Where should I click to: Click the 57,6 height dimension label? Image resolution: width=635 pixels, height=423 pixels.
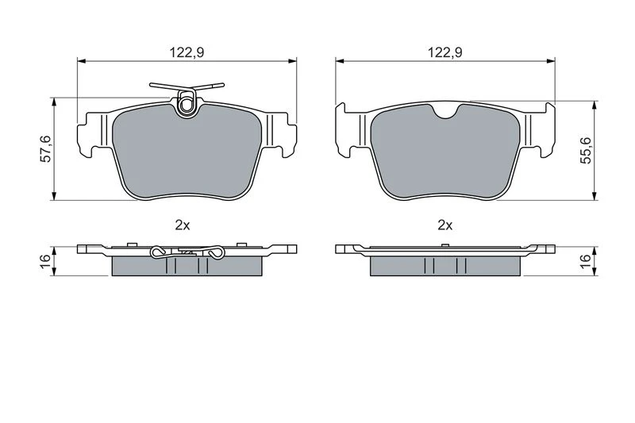click(47, 149)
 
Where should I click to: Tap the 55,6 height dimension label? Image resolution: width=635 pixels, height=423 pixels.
click(586, 151)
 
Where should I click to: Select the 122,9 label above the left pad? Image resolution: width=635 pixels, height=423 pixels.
click(187, 52)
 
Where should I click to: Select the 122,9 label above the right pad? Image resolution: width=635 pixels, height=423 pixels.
click(445, 52)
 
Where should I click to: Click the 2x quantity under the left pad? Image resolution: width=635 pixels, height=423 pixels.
click(183, 225)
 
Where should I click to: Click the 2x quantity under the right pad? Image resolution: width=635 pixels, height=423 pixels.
click(445, 225)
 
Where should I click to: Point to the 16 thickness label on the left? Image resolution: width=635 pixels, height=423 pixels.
click(47, 260)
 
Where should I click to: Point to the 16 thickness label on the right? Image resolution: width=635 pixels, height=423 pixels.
click(586, 260)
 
